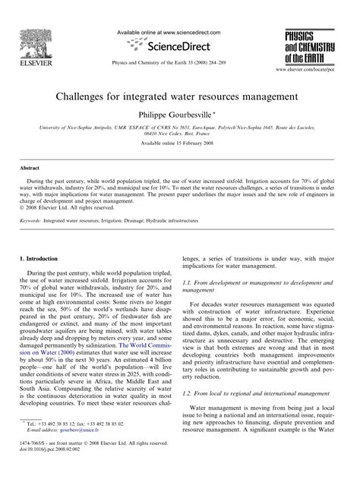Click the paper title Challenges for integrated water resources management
click(x=179, y=99)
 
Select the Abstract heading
click(x=30, y=187)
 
